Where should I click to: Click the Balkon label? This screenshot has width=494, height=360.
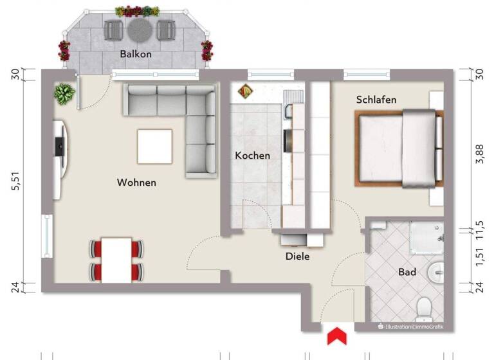tap(136, 55)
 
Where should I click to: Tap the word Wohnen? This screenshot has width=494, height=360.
tap(136, 183)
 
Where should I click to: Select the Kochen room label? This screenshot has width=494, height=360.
tap(252, 156)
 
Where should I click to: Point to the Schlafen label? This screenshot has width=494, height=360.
tap(376, 100)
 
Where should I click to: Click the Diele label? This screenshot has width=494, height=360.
tap(298, 256)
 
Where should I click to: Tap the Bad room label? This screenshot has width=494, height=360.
tap(407, 273)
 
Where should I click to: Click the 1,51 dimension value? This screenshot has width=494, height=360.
tap(478, 256)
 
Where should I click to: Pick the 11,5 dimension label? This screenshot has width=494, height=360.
tap(478, 229)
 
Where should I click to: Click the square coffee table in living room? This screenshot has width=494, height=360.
tap(154, 147)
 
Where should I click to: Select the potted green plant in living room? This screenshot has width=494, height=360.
tap(64, 94)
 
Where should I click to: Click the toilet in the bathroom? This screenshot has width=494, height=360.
tap(424, 309)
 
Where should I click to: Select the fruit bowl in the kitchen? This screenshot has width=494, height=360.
tap(245, 92)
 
